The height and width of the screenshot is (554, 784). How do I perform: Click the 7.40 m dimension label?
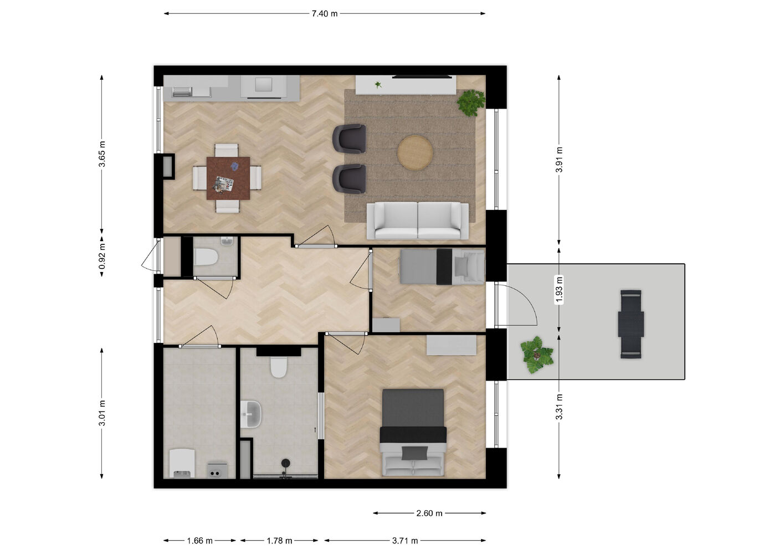coord(325,14)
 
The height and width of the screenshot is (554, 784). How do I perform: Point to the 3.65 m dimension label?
coord(102,154)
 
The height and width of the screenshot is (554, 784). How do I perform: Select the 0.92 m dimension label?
coord(102,257)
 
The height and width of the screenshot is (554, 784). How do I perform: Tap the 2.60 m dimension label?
coord(429,513)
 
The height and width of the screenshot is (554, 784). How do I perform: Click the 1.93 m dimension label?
coord(559,290)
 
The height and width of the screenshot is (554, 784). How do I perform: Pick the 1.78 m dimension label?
coord(279,541)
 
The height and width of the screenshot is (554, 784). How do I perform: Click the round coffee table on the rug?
coord(415,153)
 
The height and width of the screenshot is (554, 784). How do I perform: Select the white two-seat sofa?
coord(418,221)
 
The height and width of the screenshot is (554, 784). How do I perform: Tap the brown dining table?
coord(228,178)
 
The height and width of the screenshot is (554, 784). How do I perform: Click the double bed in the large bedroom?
coord(413,432)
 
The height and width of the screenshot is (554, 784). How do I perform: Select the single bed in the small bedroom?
coord(442,266)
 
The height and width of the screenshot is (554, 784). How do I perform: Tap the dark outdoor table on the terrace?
coord(631,324)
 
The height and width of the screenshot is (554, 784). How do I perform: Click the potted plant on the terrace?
coord(536,355)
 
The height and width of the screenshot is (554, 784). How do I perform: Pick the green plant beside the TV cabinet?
coord(471,102)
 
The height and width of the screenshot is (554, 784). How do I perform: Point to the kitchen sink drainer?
coord(182,92)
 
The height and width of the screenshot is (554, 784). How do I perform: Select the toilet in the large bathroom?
coord(279,367)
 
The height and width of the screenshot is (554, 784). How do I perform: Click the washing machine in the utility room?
coord(182,463)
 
